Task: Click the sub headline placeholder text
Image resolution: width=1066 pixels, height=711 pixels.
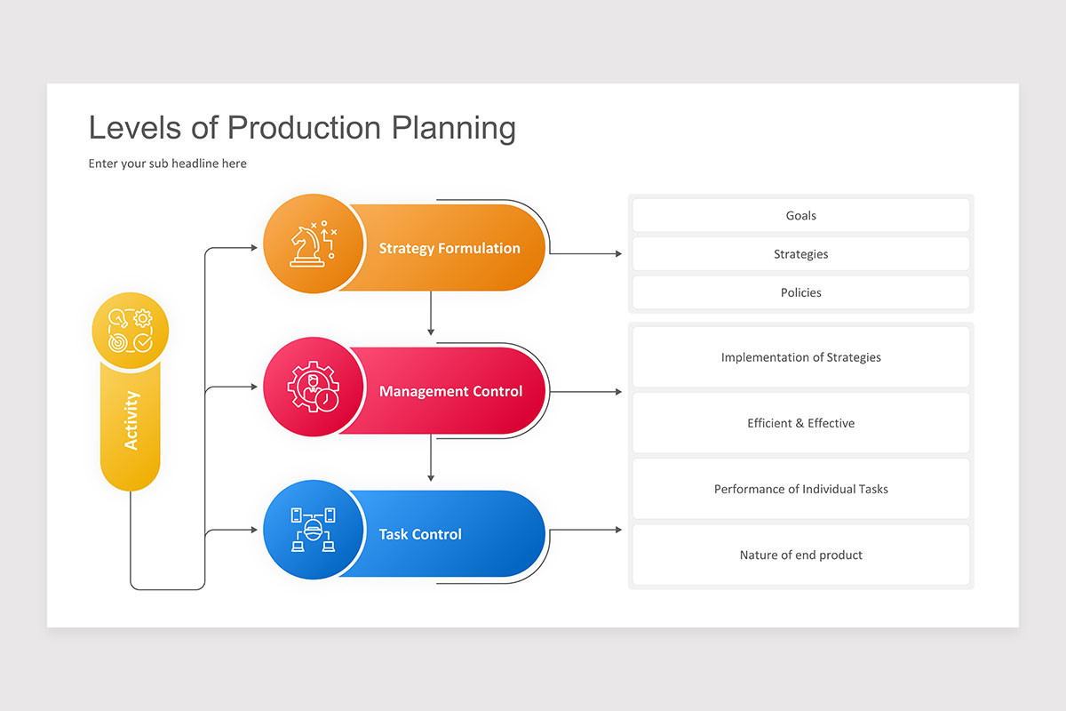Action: (167, 164)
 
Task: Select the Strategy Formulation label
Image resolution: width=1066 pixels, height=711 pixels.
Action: (449, 248)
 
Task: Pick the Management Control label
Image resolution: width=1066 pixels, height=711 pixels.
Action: (450, 391)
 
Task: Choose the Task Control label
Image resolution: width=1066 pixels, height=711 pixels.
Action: (420, 534)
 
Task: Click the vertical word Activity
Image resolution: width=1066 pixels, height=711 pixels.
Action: (131, 419)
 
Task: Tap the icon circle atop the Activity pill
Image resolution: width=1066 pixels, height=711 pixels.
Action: (131, 330)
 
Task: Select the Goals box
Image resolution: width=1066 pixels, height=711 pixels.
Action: (800, 215)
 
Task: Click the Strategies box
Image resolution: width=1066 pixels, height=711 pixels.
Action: (800, 254)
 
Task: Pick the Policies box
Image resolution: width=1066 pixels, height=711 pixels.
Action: (800, 292)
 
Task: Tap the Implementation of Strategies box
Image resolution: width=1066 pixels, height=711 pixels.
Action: (800, 357)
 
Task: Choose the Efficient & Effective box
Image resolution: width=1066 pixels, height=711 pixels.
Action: (800, 423)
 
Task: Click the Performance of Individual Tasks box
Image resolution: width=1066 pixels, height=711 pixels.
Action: (800, 489)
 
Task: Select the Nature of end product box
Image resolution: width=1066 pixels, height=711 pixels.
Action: (800, 555)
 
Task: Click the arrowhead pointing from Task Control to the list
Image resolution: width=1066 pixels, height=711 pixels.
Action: (617, 531)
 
